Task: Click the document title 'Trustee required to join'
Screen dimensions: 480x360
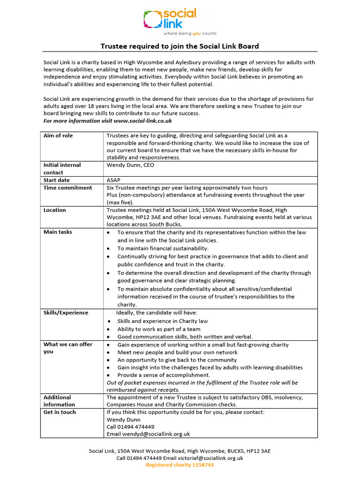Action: (180, 46)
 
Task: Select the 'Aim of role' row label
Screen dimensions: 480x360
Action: (58, 135)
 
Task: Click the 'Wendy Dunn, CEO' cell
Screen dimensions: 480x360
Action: (130, 165)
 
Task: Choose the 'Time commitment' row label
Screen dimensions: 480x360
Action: (67, 187)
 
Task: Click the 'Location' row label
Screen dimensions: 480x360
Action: (55, 210)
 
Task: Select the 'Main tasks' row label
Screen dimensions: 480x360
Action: (58, 232)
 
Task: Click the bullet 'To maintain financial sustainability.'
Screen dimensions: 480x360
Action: (163, 248)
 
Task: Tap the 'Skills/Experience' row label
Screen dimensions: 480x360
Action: (66, 313)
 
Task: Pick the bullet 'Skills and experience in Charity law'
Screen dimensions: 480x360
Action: (162, 321)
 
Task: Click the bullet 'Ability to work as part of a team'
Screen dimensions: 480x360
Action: (159, 329)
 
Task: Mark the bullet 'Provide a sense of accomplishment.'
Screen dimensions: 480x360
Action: (164, 375)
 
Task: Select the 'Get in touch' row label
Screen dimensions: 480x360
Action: (60, 412)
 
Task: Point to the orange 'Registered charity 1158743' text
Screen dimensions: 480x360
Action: (180, 465)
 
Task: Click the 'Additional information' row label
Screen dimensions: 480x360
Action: (59, 401)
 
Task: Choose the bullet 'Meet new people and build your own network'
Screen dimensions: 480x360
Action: (177, 352)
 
